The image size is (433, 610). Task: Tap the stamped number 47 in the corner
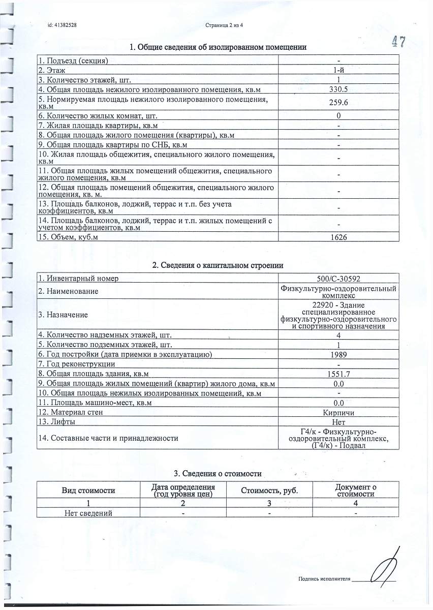click(x=398, y=42)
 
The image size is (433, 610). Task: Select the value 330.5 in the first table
click(x=338, y=89)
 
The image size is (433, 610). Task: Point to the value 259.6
click(x=338, y=103)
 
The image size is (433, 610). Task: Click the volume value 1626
click(x=338, y=237)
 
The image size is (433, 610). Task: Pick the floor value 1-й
click(x=338, y=70)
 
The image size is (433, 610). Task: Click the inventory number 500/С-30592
click(x=338, y=279)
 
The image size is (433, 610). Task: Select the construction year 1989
click(x=338, y=354)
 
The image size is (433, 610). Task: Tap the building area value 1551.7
click(x=338, y=374)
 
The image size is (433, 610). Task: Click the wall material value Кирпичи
click(x=338, y=412)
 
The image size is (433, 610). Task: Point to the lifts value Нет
click(x=338, y=422)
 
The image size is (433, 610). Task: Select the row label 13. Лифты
click(x=57, y=422)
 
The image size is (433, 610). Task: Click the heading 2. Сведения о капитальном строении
click(x=218, y=265)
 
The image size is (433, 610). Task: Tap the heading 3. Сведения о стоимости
click(x=218, y=474)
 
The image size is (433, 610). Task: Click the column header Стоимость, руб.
click(x=269, y=491)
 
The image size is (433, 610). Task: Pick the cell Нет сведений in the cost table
click(x=88, y=513)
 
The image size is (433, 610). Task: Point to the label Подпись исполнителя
click(x=325, y=579)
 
